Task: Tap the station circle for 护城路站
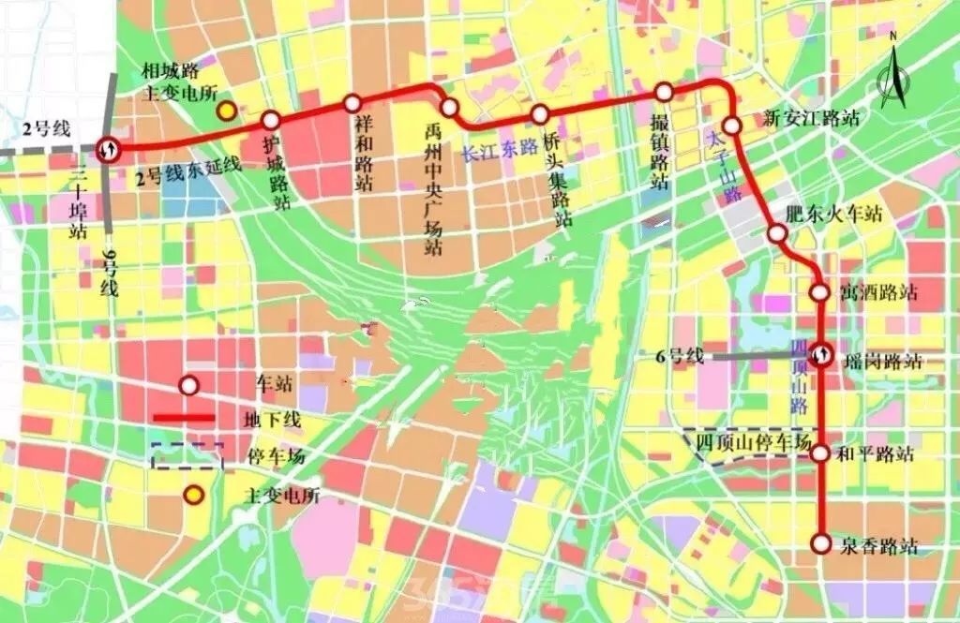(x=271, y=121)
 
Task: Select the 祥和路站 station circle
(x=352, y=103)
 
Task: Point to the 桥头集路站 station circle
(x=540, y=114)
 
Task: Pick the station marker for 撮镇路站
(x=664, y=92)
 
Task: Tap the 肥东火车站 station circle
(x=777, y=233)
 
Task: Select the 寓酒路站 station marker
(x=820, y=292)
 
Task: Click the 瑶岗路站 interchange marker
(x=821, y=354)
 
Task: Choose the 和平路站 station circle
(x=820, y=453)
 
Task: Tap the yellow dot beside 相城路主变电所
(x=226, y=111)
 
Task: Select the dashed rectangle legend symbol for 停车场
(x=187, y=455)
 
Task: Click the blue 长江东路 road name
(x=500, y=148)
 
